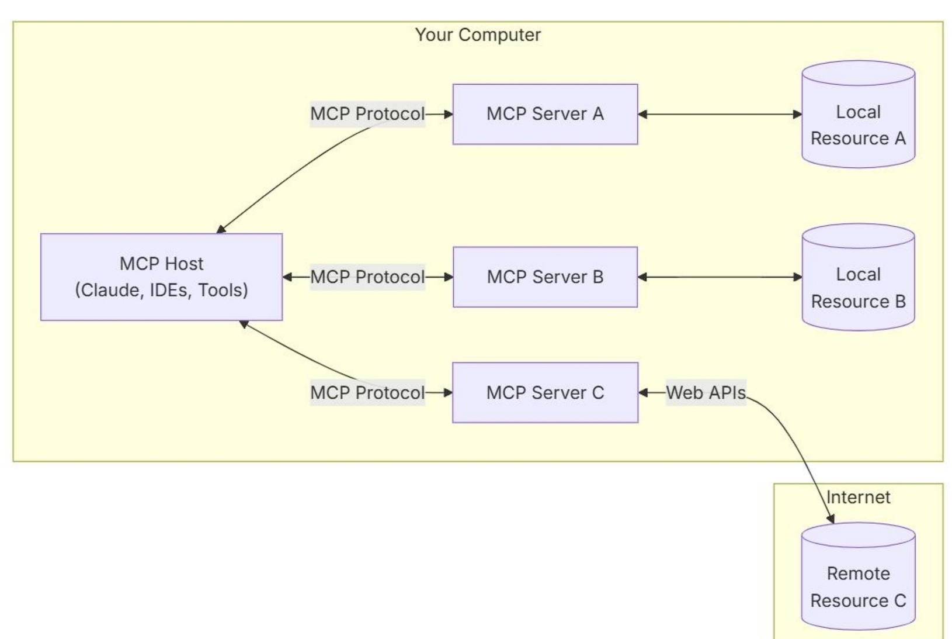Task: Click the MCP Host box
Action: tap(162, 277)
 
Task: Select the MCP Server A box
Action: tap(546, 114)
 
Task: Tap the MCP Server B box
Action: tap(546, 277)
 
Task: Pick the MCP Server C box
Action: tap(546, 393)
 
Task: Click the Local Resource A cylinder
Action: tap(859, 114)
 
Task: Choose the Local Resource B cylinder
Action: tap(859, 277)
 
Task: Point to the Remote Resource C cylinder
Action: tap(859, 576)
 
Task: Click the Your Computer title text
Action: tap(478, 35)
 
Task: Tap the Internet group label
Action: tap(858, 497)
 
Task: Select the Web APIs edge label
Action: tap(706, 393)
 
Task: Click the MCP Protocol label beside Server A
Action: tap(367, 114)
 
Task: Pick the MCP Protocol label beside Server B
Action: tap(367, 277)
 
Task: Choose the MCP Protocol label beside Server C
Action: tap(367, 393)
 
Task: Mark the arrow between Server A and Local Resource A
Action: tap(720, 114)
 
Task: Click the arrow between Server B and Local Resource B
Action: tap(720, 277)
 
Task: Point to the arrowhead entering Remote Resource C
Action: tap(831, 519)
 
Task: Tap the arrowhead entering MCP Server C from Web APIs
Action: tap(643, 393)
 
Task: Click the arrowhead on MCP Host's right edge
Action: tap(288, 277)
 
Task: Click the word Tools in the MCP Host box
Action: tap(220, 290)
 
